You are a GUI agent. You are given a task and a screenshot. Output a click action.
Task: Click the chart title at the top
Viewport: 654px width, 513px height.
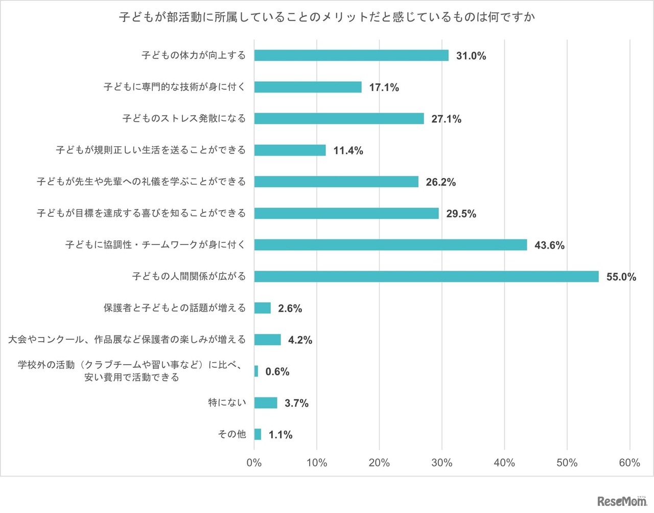[327, 17]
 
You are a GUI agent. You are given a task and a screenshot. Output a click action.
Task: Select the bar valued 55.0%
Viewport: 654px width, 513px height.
[426, 277]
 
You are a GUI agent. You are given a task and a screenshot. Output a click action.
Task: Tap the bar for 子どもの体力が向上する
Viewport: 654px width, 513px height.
[351, 55]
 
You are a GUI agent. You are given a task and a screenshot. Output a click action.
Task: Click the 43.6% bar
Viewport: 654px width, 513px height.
[390, 245]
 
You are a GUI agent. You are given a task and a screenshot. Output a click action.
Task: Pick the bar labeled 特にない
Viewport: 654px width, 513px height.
[266, 403]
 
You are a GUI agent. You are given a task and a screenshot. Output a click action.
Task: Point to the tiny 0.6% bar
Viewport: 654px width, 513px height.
[256, 371]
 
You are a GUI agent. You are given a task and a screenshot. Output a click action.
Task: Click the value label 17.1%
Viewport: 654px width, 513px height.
[384, 87]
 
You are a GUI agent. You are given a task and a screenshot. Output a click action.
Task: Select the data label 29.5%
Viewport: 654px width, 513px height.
[461, 214]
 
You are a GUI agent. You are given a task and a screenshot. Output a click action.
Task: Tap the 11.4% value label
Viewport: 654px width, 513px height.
[348, 151]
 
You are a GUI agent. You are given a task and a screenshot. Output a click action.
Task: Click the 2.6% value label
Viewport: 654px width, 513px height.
[290, 308]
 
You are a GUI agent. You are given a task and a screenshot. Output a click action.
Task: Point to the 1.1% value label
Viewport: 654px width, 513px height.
[281, 435]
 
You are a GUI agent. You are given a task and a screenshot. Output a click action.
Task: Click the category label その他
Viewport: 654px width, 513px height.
[232, 434]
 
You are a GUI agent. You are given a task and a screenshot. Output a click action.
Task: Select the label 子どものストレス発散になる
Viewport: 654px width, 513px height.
[184, 119]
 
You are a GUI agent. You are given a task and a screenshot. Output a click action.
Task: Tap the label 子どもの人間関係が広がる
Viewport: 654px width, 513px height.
[189, 277]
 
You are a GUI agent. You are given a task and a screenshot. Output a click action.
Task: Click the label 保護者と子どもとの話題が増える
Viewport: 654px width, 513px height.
[175, 308]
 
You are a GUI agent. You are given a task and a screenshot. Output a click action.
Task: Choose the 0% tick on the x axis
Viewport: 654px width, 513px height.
[254, 463]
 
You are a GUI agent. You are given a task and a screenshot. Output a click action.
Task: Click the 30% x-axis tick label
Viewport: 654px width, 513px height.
[441, 463]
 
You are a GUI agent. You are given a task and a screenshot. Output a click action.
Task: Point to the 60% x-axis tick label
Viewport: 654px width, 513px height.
[629, 463]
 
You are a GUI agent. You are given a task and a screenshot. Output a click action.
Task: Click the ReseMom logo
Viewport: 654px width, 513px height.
[621, 501]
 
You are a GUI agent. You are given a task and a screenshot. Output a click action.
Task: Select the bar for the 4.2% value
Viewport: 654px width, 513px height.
[267, 340]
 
